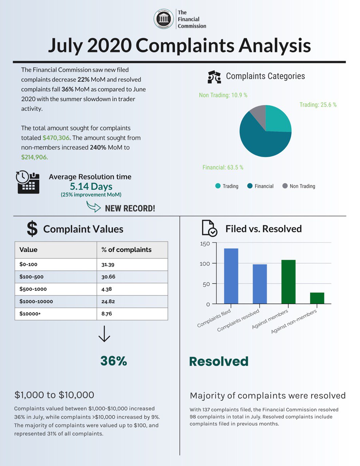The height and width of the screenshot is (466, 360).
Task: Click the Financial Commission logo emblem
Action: (x=164, y=19)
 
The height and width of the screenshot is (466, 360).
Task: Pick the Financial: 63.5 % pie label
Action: (x=223, y=167)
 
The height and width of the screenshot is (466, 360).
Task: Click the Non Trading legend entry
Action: (x=299, y=186)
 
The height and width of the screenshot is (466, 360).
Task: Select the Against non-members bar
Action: (x=317, y=298)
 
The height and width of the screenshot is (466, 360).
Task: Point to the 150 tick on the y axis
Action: (x=205, y=244)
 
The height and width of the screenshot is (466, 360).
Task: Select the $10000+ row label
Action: (x=30, y=314)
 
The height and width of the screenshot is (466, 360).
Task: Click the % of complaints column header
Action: (x=126, y=250)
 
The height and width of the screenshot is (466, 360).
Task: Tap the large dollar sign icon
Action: (x=32, y=229)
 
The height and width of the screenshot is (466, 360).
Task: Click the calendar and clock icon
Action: (x=28, y=182)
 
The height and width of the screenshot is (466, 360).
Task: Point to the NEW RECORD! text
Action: (x=130, y=209)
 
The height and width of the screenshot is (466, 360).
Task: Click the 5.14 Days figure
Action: (x=91, y=186)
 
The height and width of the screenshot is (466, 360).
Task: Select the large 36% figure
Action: (x=114, y=361)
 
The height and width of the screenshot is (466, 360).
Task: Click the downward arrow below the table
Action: (x=104, y=334)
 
